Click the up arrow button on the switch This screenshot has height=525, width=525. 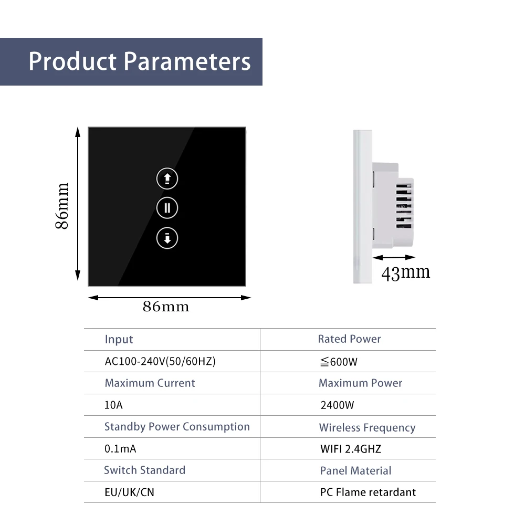click(x=167, y=178)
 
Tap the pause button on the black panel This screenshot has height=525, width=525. click(x=167, y=208)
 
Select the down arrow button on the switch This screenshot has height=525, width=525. click(x=167, y=238)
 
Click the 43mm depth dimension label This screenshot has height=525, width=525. click(x=405, y=272)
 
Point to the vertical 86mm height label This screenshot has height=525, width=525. click(x=62, y=206)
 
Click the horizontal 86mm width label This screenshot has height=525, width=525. click(x=166, y=307)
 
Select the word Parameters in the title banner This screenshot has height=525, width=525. click(x=187, y=61)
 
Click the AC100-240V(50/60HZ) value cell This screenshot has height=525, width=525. click(x=160, y=361)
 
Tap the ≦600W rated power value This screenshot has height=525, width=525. click(x=339, y=362)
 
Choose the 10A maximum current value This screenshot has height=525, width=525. click(x=113, y=405)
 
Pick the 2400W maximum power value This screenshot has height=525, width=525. click(x=337, y=405)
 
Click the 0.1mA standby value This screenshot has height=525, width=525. click(x=120, y=449)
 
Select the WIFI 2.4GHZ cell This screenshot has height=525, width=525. click(x=351, y=449)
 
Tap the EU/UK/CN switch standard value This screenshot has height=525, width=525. click(x=129, y=492)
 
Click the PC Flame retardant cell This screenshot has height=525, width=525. click(x=368, y=492)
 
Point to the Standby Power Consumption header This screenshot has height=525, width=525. click(x=177, y=427)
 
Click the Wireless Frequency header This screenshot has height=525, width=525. click(x=367, y=427)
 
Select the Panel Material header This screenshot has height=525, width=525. click(x=355, y=471)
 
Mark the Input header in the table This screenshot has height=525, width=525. click(x=119, y=340)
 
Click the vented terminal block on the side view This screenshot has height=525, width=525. click(x=404, y=205)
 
